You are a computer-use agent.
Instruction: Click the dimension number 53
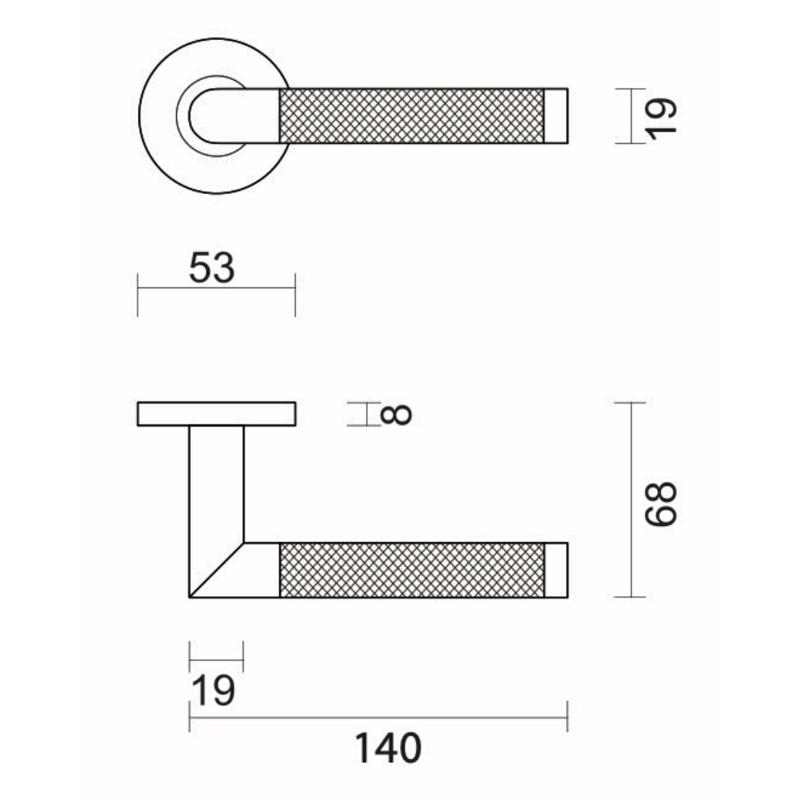(x=212, y=268)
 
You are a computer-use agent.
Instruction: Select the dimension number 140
(x=388, y=748)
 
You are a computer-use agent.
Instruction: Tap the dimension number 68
(x=661, y=504)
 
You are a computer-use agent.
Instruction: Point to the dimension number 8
(x=396, y=414)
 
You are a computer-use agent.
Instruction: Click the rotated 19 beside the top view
(x=661, y=119)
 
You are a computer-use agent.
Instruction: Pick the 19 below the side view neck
(x=213, y=691)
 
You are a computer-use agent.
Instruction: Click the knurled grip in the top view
(x=412, y=116)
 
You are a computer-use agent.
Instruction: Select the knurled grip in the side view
(x=413, y=570)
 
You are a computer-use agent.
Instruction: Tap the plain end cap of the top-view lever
(x=556, y=116)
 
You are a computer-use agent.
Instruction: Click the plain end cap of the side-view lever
(x=556, y=570)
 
